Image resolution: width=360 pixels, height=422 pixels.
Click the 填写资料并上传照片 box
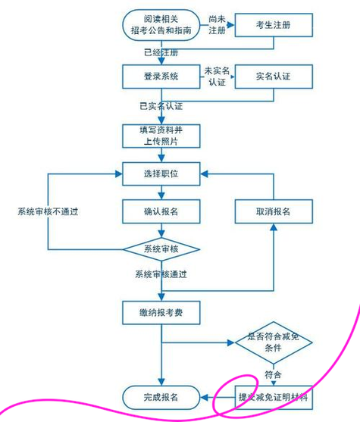[161, 135]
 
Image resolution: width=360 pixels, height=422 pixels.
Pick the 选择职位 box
[161, 174]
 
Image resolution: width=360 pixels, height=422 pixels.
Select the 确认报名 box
[161, 210]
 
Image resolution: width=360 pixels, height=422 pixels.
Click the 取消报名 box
[273, 210]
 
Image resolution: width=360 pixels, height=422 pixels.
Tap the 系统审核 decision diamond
[161, 249]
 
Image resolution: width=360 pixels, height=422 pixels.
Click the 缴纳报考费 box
[161, 311]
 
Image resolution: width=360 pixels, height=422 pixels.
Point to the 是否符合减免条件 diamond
[273, 343]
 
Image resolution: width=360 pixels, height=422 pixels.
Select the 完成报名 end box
[161, 396]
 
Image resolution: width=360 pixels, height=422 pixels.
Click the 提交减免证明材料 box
[273, 396]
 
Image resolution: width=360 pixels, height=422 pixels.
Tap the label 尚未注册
[218, 24]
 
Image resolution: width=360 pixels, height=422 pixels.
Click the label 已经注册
[161, 52]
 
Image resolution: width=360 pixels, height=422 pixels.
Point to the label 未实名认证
[218, 76]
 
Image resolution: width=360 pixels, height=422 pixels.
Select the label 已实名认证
[161, 105]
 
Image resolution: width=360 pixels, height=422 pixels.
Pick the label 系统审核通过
[161, 274]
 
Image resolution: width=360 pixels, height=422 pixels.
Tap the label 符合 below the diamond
[273, 375]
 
